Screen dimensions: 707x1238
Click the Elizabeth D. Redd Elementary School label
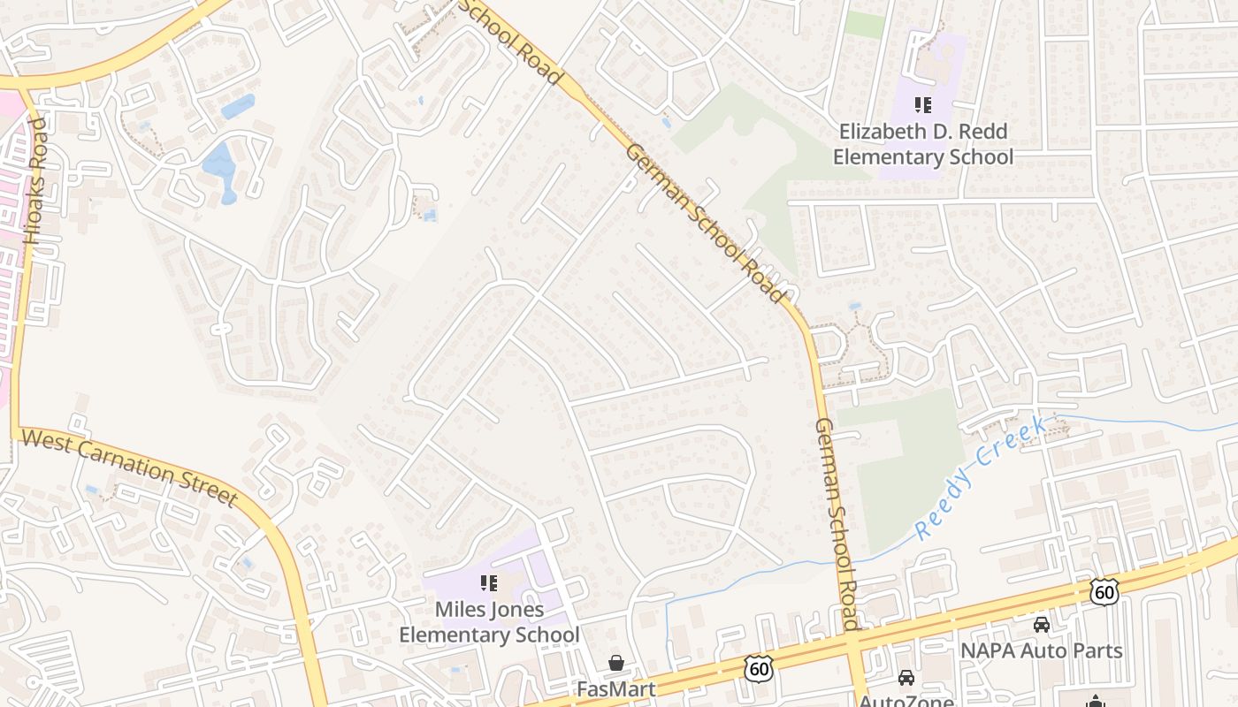(x=923, y=145)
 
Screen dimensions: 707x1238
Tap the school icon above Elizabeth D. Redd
(x=923, y=106)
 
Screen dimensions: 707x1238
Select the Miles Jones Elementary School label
(x=489, y=622)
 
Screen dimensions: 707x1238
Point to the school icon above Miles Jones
(x=489, y=583)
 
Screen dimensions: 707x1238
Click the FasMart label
(x=616, y=688)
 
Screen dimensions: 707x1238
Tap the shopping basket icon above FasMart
(x=616, y=662)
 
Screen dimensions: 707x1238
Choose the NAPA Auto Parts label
(x=1042, y=651)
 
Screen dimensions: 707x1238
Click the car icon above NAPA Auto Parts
(x=1042, y=625)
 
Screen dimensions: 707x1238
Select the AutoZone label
(x=906, y=701)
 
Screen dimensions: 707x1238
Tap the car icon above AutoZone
(x=906, y=678)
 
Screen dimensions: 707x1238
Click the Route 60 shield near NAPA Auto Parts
(x=1104, y=591)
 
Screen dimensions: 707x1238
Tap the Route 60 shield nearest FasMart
(x=759, y=669)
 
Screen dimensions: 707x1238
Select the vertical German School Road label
(x=837, y=523)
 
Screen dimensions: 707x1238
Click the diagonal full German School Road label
(x=706, y=223)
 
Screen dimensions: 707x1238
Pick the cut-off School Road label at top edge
(x=511, y=41)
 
